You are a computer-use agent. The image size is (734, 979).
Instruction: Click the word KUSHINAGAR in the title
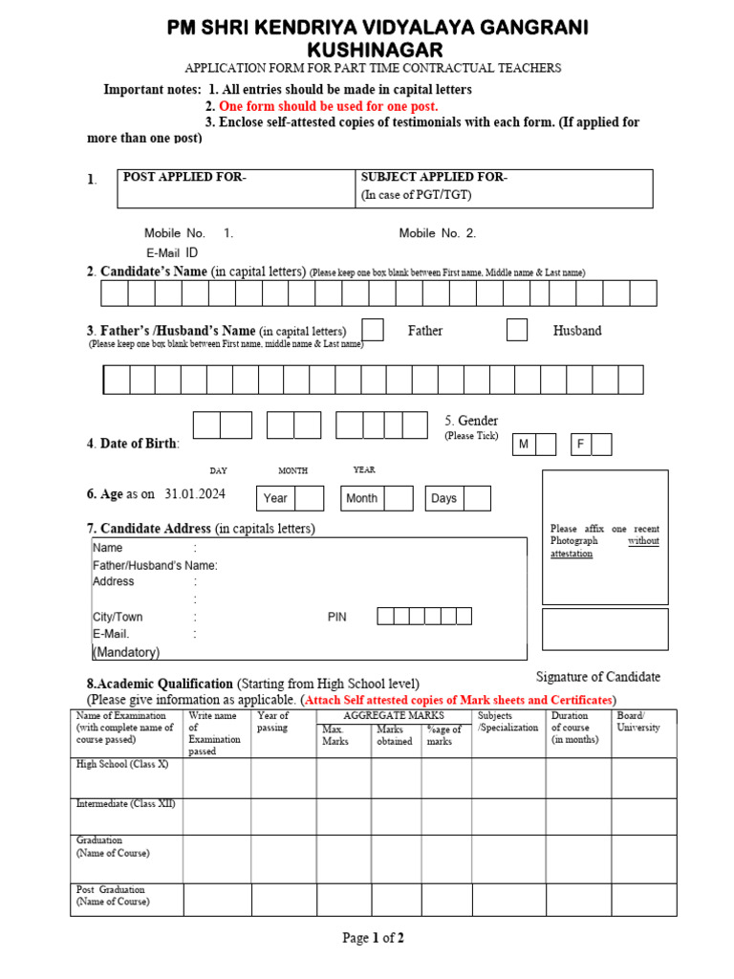[x=375, y=49]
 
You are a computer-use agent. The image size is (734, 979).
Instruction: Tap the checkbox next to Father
[x=373, y=330]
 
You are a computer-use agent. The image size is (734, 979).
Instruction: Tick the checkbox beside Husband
[x=517, y=330]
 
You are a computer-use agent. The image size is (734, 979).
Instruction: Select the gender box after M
[x=545, y=445]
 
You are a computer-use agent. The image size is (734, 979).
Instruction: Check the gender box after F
[x=601, y=445]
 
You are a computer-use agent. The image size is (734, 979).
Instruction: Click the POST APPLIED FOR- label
[x=184, y=178]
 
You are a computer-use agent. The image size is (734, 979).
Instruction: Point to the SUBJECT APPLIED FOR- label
[x=434, y=178]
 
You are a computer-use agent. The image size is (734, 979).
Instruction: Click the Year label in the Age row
[x=275, y=498]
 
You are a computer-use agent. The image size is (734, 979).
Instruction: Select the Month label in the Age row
[x=361, y=498]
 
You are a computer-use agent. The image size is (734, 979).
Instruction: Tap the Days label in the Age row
[x=443, y=498]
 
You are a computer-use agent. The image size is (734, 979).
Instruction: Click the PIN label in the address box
[x=337, y=618]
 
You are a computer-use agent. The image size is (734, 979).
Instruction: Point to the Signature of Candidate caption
[x=597, y=677]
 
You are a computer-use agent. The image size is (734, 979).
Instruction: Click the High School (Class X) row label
[x=121, y=765]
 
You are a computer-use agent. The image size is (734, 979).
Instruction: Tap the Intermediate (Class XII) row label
[x=125, y=804]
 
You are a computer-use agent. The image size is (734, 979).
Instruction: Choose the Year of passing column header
[x=273, y=722]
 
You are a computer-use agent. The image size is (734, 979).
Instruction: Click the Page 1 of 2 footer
[x=374, y=938]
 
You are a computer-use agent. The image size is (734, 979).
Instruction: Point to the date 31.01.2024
[x=195, y=494]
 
